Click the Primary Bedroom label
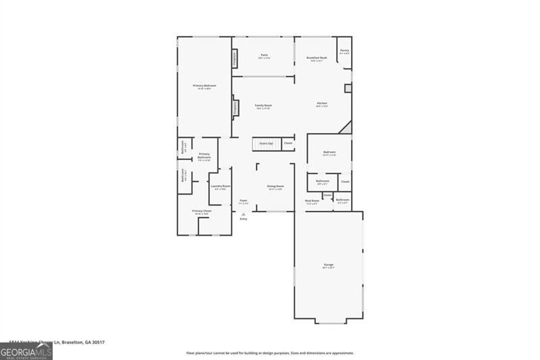(x=205, y=86)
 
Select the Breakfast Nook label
(x=317, y=59)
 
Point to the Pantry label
(x=344, y=51)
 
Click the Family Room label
(x=263, y=106)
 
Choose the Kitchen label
(x=322, y=104)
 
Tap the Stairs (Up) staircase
(x=266, y=143)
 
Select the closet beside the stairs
(x=288, y=143)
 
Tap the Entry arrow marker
(x=244, y=215)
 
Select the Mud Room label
(x=312, y=201)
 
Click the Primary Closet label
(x=201, y=211)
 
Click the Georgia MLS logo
(x=26, y=351)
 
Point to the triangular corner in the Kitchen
(x=347, y=128)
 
